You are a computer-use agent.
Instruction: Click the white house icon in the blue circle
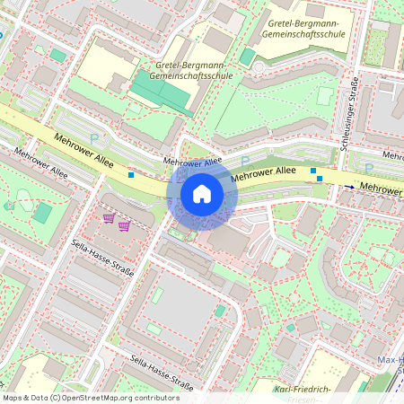pyautogui.click(x=202, y=193)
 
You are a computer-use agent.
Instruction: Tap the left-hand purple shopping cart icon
pyautogui.click(x=109, y=218)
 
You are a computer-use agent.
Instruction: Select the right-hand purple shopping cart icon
pyautogui.click(x=124, y=224)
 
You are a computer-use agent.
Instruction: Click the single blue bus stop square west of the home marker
pyautogui.click(x=132, y=175)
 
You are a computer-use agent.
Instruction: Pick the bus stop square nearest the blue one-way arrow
pyautogui.click(x=321, y=178)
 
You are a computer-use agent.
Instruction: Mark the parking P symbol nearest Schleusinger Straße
pyautogui.click(x=368, y=167)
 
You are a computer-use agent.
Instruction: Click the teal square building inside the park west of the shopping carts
pyautogui.click(x=42, y=213)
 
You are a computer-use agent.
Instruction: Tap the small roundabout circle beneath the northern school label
pyautogui.click(x=259, y=66)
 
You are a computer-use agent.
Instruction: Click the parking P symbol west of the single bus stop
pyautogui.click(x=95, y=139)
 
